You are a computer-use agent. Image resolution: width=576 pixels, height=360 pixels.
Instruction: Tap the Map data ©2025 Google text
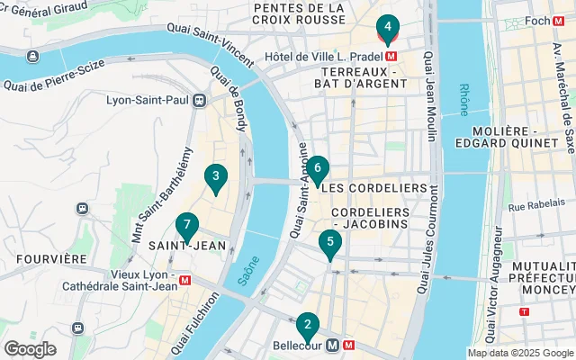point(520,353)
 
